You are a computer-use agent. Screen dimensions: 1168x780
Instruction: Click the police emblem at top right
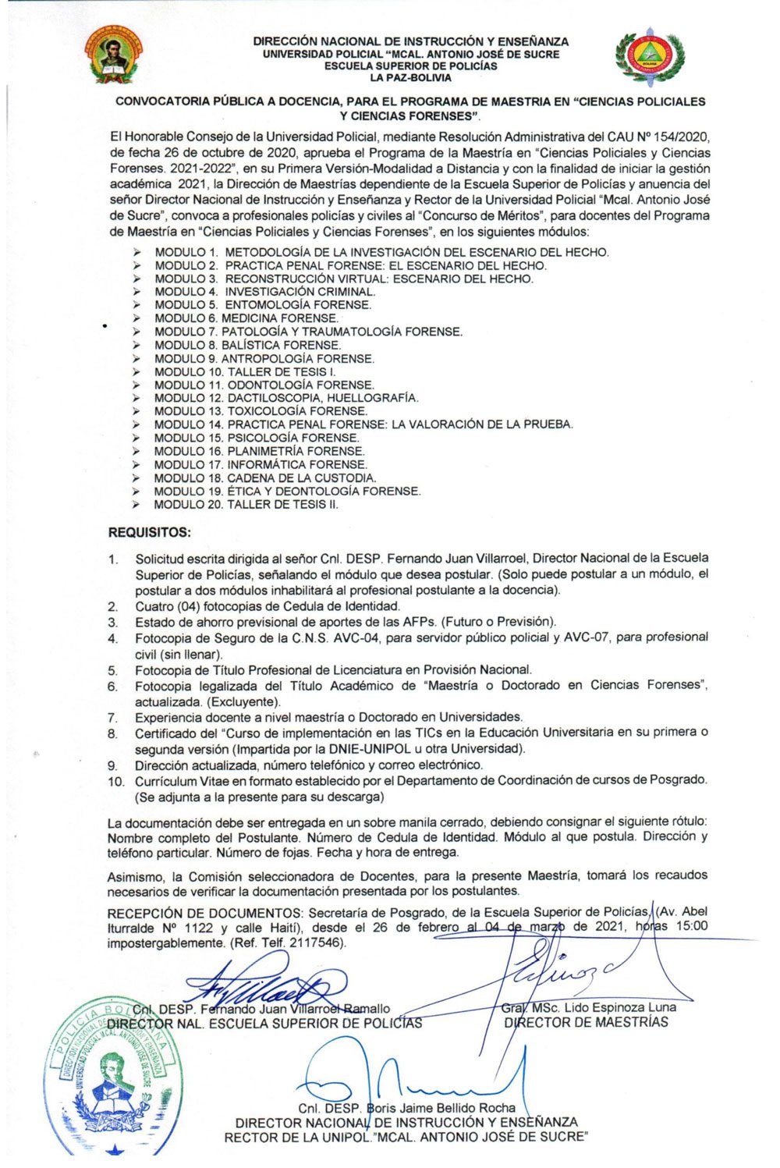point(649,58)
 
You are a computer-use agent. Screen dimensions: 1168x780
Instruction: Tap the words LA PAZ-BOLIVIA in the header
point(410,78)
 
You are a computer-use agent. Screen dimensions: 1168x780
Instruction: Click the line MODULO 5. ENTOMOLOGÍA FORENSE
point(262,305)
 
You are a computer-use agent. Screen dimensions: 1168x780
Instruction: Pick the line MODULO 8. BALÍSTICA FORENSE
point(247,345)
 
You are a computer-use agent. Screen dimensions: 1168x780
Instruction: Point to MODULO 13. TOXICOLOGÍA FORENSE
point(261,411)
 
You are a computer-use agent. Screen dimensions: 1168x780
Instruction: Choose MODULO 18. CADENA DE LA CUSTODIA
point(264,477)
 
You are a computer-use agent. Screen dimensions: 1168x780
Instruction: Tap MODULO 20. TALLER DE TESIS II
point(246,504)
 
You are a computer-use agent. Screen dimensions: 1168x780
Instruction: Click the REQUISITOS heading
point(149,533)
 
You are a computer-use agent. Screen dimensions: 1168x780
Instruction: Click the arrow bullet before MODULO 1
point(137,252)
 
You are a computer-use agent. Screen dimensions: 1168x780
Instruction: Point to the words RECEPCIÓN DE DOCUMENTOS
point(205,911)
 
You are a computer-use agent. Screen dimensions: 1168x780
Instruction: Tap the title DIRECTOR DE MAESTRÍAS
point(586,1022)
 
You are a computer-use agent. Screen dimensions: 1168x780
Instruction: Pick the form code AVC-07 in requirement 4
point(590,637)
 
